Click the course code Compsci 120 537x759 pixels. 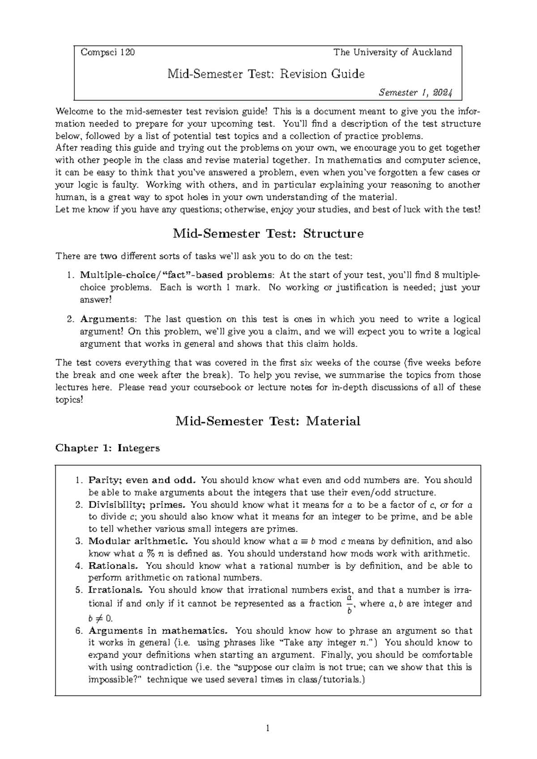click(x=107, y=52)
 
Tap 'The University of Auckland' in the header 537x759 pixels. click(x=392, y=52)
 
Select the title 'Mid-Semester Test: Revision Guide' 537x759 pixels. click(x=266, y=73)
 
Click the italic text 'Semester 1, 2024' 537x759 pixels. click(x=415, y=93)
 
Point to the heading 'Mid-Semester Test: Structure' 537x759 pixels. click(x=268, y=234)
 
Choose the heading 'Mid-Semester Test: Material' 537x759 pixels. click(x=268, y=421)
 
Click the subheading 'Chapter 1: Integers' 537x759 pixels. click(x=107, y=448)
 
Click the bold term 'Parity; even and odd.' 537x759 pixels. click(x=142, y=480)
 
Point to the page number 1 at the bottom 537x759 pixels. click(x=268, y=729)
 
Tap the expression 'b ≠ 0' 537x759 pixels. click(x=101, y=618)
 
